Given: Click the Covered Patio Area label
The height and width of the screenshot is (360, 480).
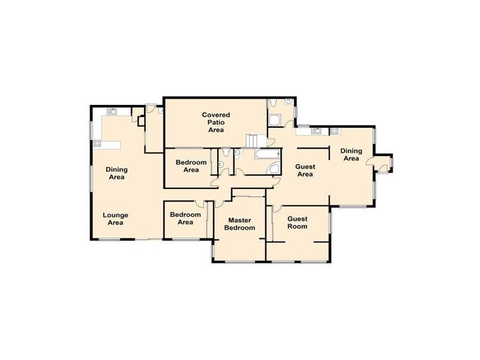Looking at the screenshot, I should (x=215, y=122).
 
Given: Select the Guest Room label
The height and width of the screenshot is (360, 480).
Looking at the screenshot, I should (x=297, y=222).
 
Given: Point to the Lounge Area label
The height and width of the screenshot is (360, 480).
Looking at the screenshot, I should (x=115, y=218).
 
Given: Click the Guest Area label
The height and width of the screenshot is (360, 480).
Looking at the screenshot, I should (x=305, y=170).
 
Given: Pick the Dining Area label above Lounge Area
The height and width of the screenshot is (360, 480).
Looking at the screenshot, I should (x=117, y=173).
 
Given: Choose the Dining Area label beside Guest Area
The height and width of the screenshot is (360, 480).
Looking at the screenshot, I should (x=350, y=154).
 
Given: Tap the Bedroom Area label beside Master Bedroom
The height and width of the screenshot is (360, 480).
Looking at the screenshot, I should (x=185, y=218).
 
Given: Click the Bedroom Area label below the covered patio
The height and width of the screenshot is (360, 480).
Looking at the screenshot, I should (x=191, y=166).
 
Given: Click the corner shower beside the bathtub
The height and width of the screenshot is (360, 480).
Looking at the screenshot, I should (x=273, y=169).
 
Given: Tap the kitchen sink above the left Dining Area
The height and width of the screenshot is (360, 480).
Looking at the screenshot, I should (x=112, y=110).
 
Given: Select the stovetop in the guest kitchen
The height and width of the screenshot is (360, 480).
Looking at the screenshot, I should (x=334, y=130).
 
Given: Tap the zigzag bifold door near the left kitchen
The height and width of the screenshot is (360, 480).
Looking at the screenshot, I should (x=145, y=139).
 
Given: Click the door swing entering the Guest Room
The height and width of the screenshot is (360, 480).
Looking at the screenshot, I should (x=277, y=209).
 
